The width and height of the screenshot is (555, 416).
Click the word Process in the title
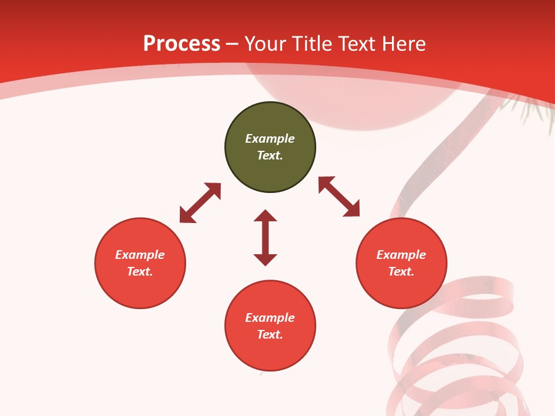[x=182, y=44]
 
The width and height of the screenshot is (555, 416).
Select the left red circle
[x=140, y=289]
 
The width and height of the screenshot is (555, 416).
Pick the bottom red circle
[x=270, y=352]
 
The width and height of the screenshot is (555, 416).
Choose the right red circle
[x=401, y=289]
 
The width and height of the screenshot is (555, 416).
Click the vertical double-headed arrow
[x=265, y=237]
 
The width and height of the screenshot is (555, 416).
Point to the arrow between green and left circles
[x=200, y=203]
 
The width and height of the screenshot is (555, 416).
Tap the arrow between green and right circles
[x=339, y=196]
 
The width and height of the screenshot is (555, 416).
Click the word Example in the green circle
[x=270, y=139]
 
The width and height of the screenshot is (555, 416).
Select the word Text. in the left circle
[x=140, y=272]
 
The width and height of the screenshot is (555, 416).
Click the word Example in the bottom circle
[x=270, y=318]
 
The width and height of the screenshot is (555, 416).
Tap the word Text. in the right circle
[x=401, y=272]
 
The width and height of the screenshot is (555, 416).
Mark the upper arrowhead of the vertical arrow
[x=265, y=216]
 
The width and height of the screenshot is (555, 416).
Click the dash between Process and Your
[x=232, y=44]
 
